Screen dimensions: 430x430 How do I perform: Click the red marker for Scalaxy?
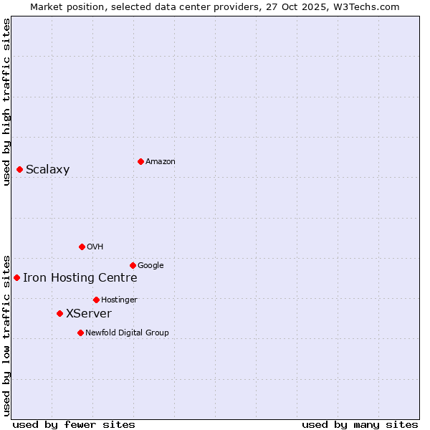[19, 169]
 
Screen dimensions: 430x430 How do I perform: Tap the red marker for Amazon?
[140, 161]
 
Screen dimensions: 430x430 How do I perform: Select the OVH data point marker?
[82, 247]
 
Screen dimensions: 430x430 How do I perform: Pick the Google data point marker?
[133, 265]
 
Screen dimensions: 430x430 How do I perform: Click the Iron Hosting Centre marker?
[16, 277]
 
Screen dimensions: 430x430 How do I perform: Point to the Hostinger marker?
[96, 300]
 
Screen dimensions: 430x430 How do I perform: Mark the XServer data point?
[59, 313]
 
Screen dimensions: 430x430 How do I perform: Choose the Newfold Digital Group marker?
[80, 333]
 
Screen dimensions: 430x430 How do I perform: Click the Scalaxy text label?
[47, 170]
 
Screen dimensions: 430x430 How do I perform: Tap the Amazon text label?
[161, 162]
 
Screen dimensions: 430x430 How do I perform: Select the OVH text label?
[95, 247]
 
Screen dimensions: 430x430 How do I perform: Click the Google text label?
[150, 266]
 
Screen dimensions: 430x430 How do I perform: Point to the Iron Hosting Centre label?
[80, 278]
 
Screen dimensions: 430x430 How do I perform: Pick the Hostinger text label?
[119, 300]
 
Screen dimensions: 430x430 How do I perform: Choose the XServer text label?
[88, 314]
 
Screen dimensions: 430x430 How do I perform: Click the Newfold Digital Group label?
[127, 333]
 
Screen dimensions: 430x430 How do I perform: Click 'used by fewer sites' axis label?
[74, 424]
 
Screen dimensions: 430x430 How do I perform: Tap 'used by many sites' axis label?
[360, 424]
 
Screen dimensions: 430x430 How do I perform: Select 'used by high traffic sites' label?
[7, 102]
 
